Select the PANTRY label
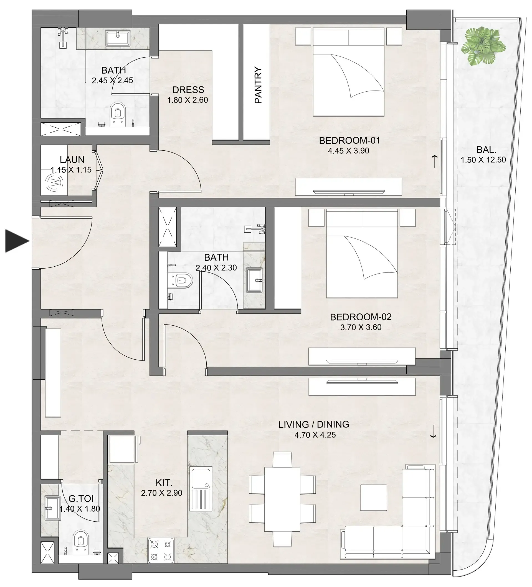click(x=258, y=85)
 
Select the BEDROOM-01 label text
click(x=349, y=141)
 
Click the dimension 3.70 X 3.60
click(x=361, y=327)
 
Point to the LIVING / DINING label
click(x=313, y=424)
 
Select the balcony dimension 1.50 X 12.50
click(x=483, y=160)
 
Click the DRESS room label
click(x=188, y=90)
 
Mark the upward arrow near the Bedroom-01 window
click(x=435, y=161)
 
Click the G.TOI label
click(x=81, y=498)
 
